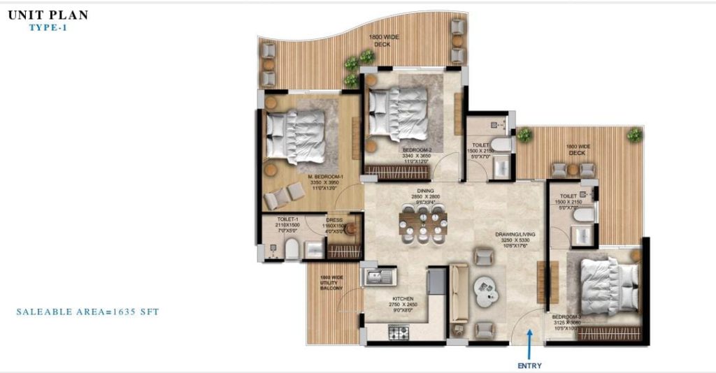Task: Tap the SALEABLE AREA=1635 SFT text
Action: coord(87,312)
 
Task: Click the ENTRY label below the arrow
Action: coord(529,365)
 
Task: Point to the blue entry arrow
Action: coord(529,344)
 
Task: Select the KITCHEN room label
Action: coord(403,298)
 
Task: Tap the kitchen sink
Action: coord(378,277)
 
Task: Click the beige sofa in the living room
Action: coord(459,293)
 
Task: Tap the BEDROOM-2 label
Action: coord(417,150)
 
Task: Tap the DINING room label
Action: coord(426,191)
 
